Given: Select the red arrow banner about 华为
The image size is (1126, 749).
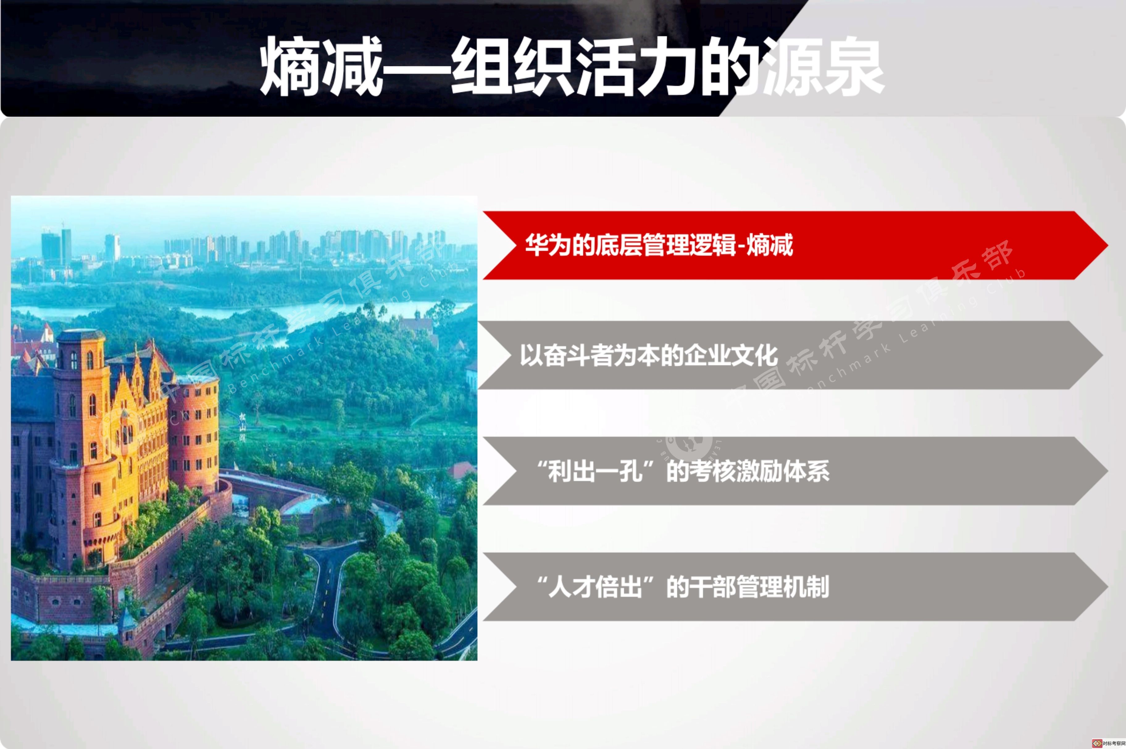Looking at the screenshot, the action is point(795,245).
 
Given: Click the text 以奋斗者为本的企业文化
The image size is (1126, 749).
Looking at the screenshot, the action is point(649,356).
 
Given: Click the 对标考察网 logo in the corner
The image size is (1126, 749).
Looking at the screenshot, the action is point(1108,743).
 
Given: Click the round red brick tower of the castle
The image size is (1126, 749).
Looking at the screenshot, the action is point(194,430).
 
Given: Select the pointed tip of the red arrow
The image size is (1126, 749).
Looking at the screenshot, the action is point(1108,245).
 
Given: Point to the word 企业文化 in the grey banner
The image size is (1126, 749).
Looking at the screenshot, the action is point(731,356).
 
